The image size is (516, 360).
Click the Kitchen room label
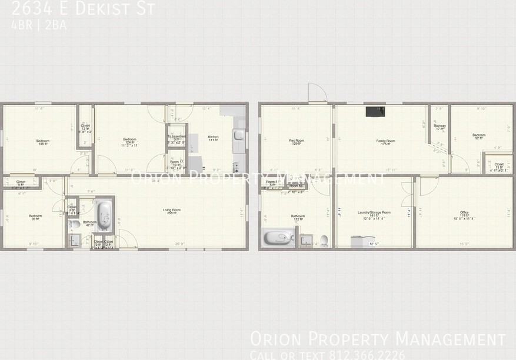pos(213,138)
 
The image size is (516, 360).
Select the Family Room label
pos(386,141)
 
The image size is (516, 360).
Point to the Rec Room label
pos(297,141)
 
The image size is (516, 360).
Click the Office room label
pos(464,212)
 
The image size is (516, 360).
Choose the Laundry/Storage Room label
pos(374,212)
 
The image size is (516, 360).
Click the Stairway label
pos(440,126)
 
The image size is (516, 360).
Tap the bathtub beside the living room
pos(104,216)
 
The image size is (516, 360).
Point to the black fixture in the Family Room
pos(375,111)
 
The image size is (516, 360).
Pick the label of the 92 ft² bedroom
pos(479,135)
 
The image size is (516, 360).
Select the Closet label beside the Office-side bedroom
pos(498,165)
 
